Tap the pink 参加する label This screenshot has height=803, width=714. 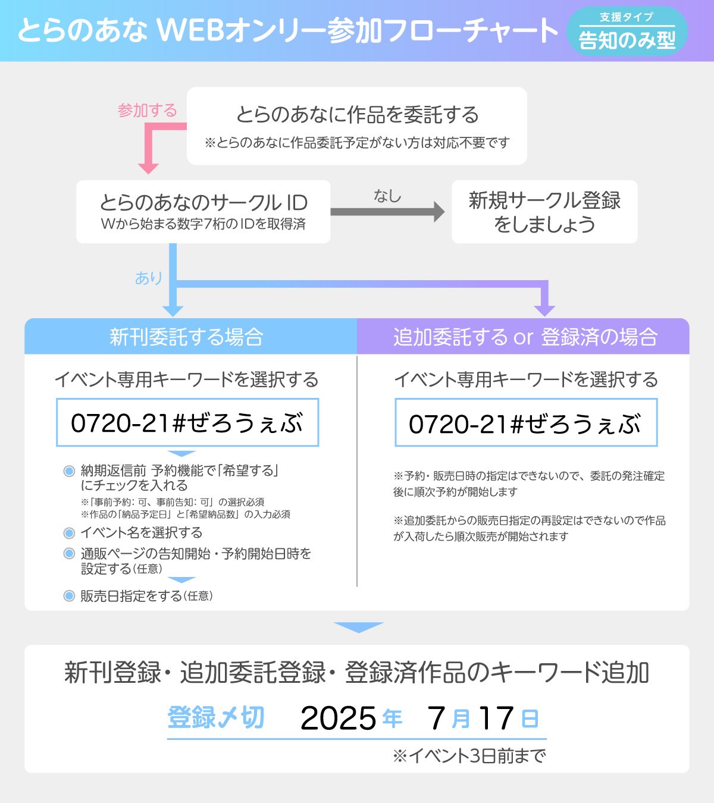147,111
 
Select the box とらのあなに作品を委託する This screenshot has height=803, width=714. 357,126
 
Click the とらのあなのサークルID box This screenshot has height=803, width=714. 203,212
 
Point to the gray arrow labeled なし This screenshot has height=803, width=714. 387,212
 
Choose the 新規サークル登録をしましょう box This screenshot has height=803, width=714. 544,212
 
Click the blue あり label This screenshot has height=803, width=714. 149,278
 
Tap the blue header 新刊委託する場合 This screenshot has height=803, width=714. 187,337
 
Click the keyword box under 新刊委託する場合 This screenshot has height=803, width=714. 187,423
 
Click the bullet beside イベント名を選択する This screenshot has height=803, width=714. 69,532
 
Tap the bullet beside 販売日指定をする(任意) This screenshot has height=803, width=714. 69,596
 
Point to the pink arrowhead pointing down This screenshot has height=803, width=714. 148,167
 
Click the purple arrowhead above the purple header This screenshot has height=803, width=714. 544,309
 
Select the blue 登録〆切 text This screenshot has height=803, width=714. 215,718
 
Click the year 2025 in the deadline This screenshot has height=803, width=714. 338,719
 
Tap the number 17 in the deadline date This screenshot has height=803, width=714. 496,719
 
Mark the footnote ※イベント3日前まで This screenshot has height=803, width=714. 469,756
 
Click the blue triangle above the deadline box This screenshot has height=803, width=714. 358,628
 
